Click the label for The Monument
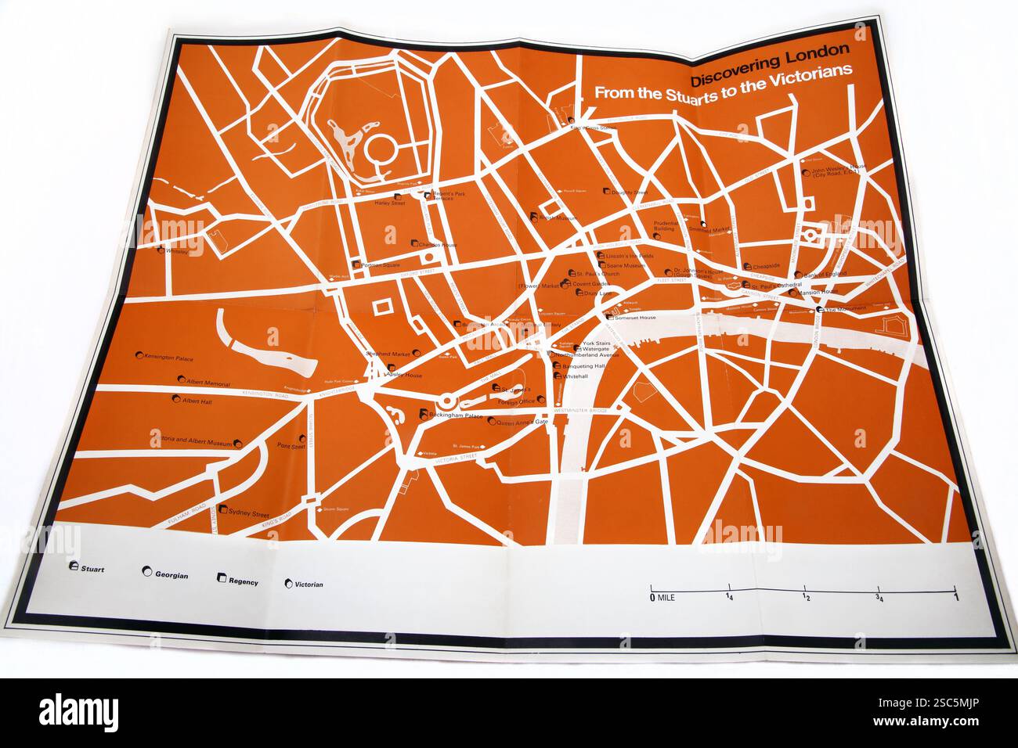(846, 308)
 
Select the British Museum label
(561, 218)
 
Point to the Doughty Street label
(630, 191)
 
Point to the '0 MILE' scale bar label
(662, 598)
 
